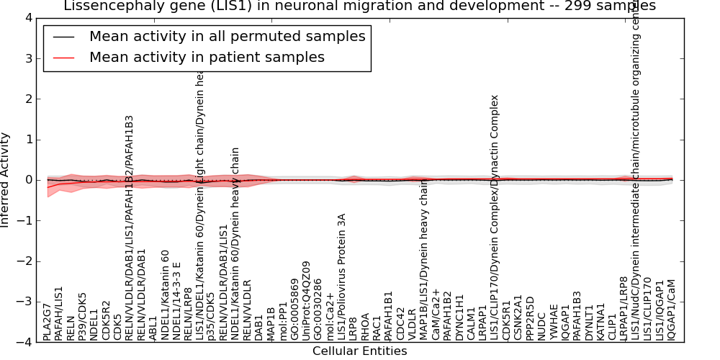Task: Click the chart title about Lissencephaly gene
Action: [x=360, y=6]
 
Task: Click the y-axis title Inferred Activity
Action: [x=6, y=180]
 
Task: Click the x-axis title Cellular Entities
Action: [x=359, y=351]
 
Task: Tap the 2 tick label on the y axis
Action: [x=28, y=99]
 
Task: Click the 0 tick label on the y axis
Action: [x=28, y=180]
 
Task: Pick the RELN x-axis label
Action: [x=71, y=328]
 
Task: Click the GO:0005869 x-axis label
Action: [x=294, y=310]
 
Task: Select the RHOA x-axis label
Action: [x=365, y=328]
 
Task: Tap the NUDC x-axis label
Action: [x=541, y=328]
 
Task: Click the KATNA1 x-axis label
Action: [x=600, y=322]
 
